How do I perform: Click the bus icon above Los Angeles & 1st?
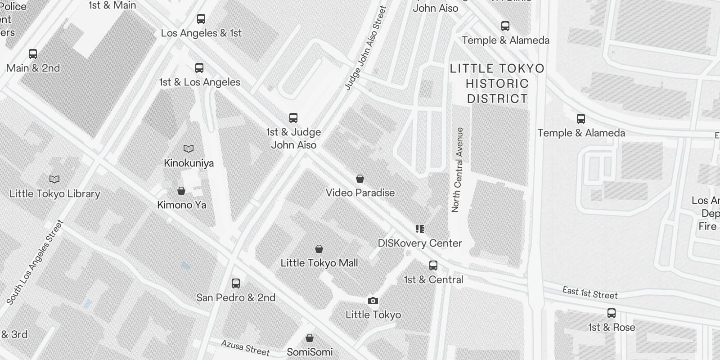(201, 19)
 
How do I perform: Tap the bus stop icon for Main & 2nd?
(33, 54)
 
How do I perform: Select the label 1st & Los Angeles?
(199, 82)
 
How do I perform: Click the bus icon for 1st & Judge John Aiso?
(293, 118)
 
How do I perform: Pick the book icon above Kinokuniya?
(189, 148)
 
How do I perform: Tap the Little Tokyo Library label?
(54, 193)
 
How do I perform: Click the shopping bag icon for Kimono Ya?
(181, 191)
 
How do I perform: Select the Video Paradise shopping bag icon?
(360, 179)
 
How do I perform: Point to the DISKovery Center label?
(419, 243)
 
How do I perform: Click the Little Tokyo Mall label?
(319, 263)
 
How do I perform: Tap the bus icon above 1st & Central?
(433, 265)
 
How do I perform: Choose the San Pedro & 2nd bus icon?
(236, 283)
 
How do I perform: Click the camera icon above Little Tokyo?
(373, 301)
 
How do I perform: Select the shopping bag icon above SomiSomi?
(310, 337)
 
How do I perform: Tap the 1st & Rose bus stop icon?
(612, 313)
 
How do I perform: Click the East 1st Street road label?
(590, 293)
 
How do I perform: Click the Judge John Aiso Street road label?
(366, 47)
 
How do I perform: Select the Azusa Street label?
(245, 347)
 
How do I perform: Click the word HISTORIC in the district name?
(497, 84)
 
